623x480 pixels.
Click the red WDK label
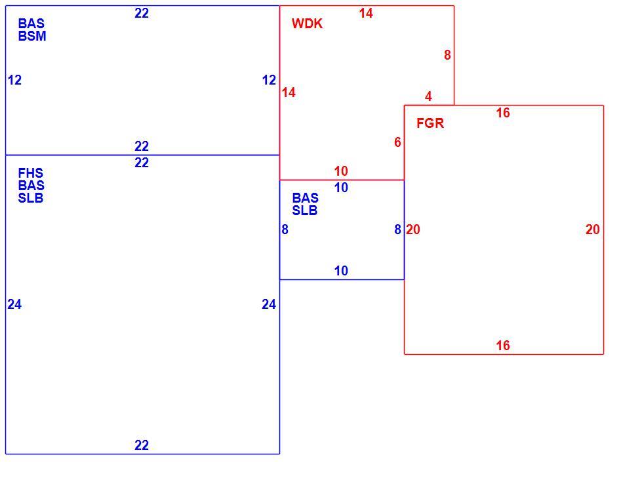pos(307,24)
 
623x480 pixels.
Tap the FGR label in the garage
pos(430,123)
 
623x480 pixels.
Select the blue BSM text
pos(32,36)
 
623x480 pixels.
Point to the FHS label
pos(31,173)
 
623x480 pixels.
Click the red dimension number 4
pos(428,96)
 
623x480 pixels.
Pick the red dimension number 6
pos(397,142)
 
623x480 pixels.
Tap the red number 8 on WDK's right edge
pos(447,55)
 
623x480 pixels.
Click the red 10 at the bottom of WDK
pos(341,171)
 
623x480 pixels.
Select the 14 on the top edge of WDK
pos(366,14)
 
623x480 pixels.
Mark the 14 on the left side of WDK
pos(289,92)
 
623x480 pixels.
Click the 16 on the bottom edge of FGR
pos(502,346)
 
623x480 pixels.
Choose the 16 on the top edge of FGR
pos(502,113)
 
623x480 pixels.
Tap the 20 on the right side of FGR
pos(592,230)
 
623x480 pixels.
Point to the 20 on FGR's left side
pos(412,230)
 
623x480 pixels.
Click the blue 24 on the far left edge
pos(14,304)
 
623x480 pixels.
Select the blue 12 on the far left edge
pos(14,80)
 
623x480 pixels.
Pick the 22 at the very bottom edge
pos(142,445)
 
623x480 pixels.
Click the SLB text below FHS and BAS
pos(31,198)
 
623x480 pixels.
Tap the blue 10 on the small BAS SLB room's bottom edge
pos(341,271)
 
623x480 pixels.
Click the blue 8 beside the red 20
pos(397,230)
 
